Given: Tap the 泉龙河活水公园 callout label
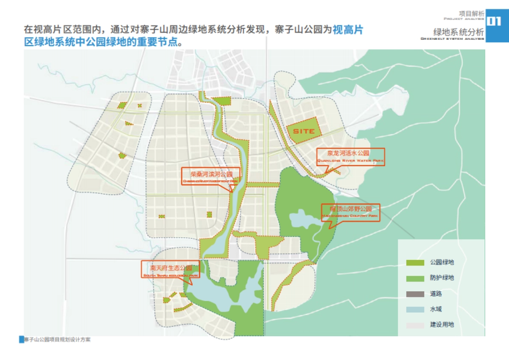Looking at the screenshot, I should pyautogui.click(x=350, y=156).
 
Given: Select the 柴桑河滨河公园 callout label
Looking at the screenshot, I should pyautogui.click(x=211, y=176).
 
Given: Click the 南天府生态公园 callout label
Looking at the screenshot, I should pyautogui.click(x=170, y=270).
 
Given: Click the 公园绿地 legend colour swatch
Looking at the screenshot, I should pyautogui.click(x=415, y=263).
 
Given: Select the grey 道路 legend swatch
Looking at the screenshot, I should pyautogui.click(x=415, y=294).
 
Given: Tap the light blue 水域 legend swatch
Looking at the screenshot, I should pyautogui.click(x=415, y=310).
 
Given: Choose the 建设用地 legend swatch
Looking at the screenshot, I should pyautogui.click(x=415, y=325).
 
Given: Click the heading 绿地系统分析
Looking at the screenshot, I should pyautogui.click(x=458, y=32).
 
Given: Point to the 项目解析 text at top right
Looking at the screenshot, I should pyautogui.click(x=471, y=13).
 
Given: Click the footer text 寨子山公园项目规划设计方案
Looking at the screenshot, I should pyautogui.click(x=57, y=340).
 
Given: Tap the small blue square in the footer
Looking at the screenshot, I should pyautogui.click(x=22, y=340).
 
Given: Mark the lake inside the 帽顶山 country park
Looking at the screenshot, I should pyautogui.click(x=302, y=218).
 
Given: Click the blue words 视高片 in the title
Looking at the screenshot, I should pyautogui.click(x=347, y=30).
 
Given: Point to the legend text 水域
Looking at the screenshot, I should pyautogui.click(x=436, y=310).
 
